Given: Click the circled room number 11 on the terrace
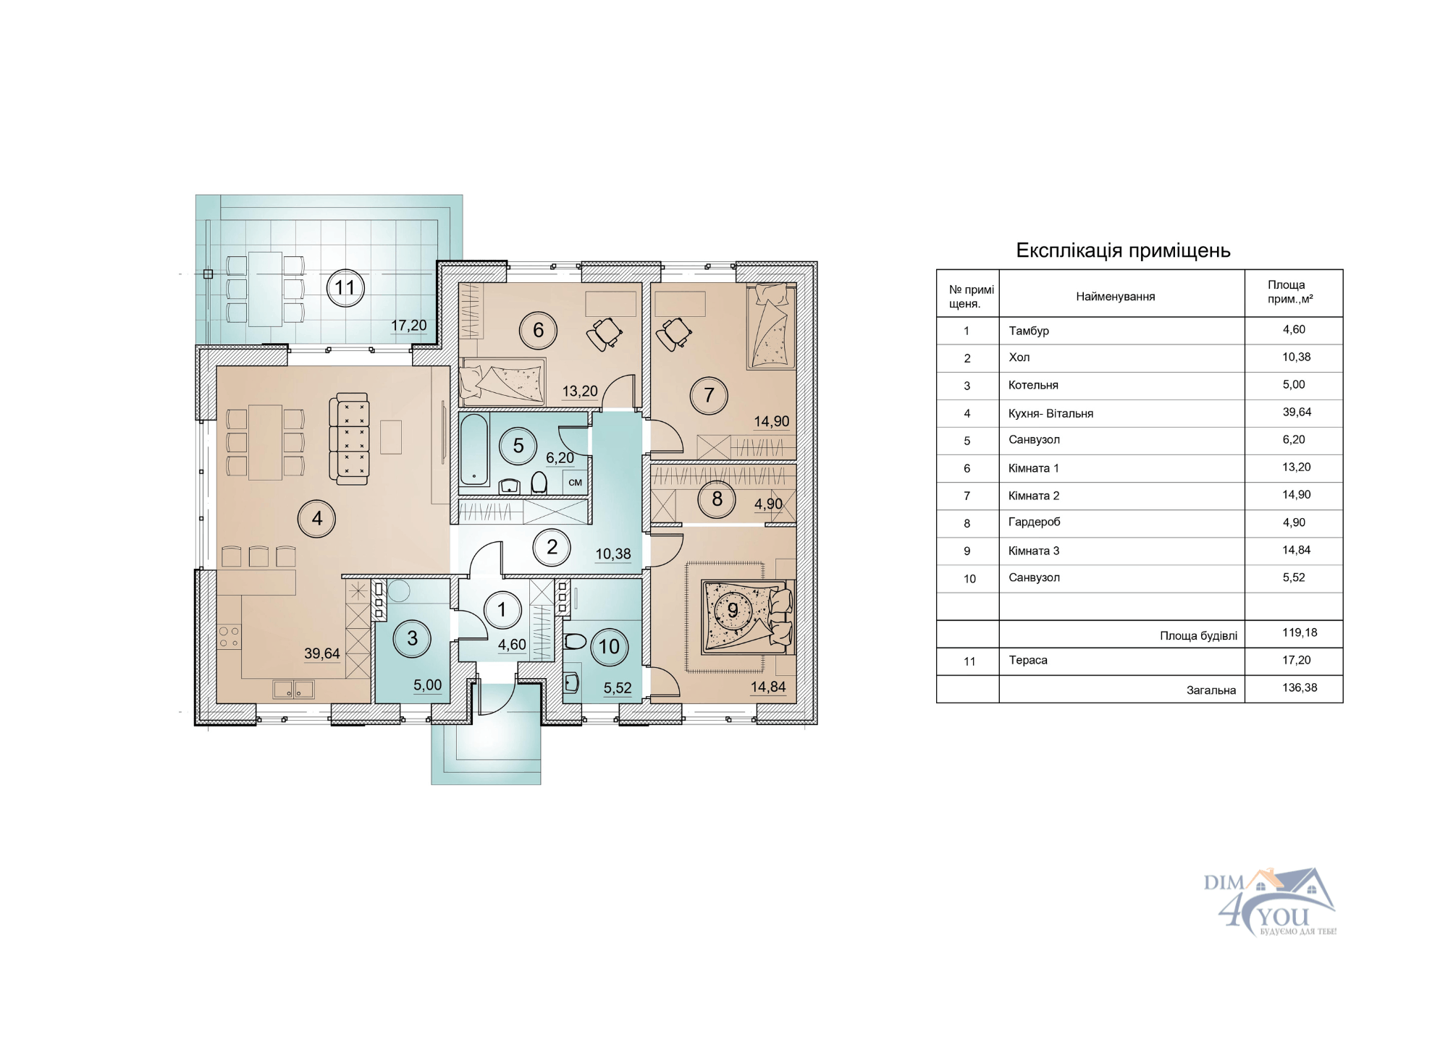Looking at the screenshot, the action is coord(345,288).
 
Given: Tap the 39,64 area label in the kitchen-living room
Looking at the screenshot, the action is coord(322,653).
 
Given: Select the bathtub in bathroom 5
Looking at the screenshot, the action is coord(474,449).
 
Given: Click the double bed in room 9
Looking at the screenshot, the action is coord(747,617).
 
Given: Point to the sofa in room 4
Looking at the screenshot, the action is coord(349,439).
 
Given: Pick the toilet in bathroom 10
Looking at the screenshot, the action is coord(575,641).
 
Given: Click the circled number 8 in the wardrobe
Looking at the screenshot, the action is coord(717,499).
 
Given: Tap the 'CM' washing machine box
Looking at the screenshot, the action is coord(576,483).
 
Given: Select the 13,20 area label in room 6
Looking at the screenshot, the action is coord(580,391).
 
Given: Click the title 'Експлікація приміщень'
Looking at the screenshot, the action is coord(1123,250).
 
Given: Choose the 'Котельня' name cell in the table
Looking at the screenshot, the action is coord(1033,386).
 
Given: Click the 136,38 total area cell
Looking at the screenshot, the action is coord(1300,687).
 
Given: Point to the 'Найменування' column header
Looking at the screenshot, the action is coord(1115,297).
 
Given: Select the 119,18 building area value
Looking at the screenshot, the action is coord(1300,632).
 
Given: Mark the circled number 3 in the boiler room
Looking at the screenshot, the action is coord(412,639).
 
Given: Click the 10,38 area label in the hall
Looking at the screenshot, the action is coord(613,554).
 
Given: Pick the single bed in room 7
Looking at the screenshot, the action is coord(771,326).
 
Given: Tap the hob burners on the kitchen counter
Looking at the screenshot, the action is coord(229,638).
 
